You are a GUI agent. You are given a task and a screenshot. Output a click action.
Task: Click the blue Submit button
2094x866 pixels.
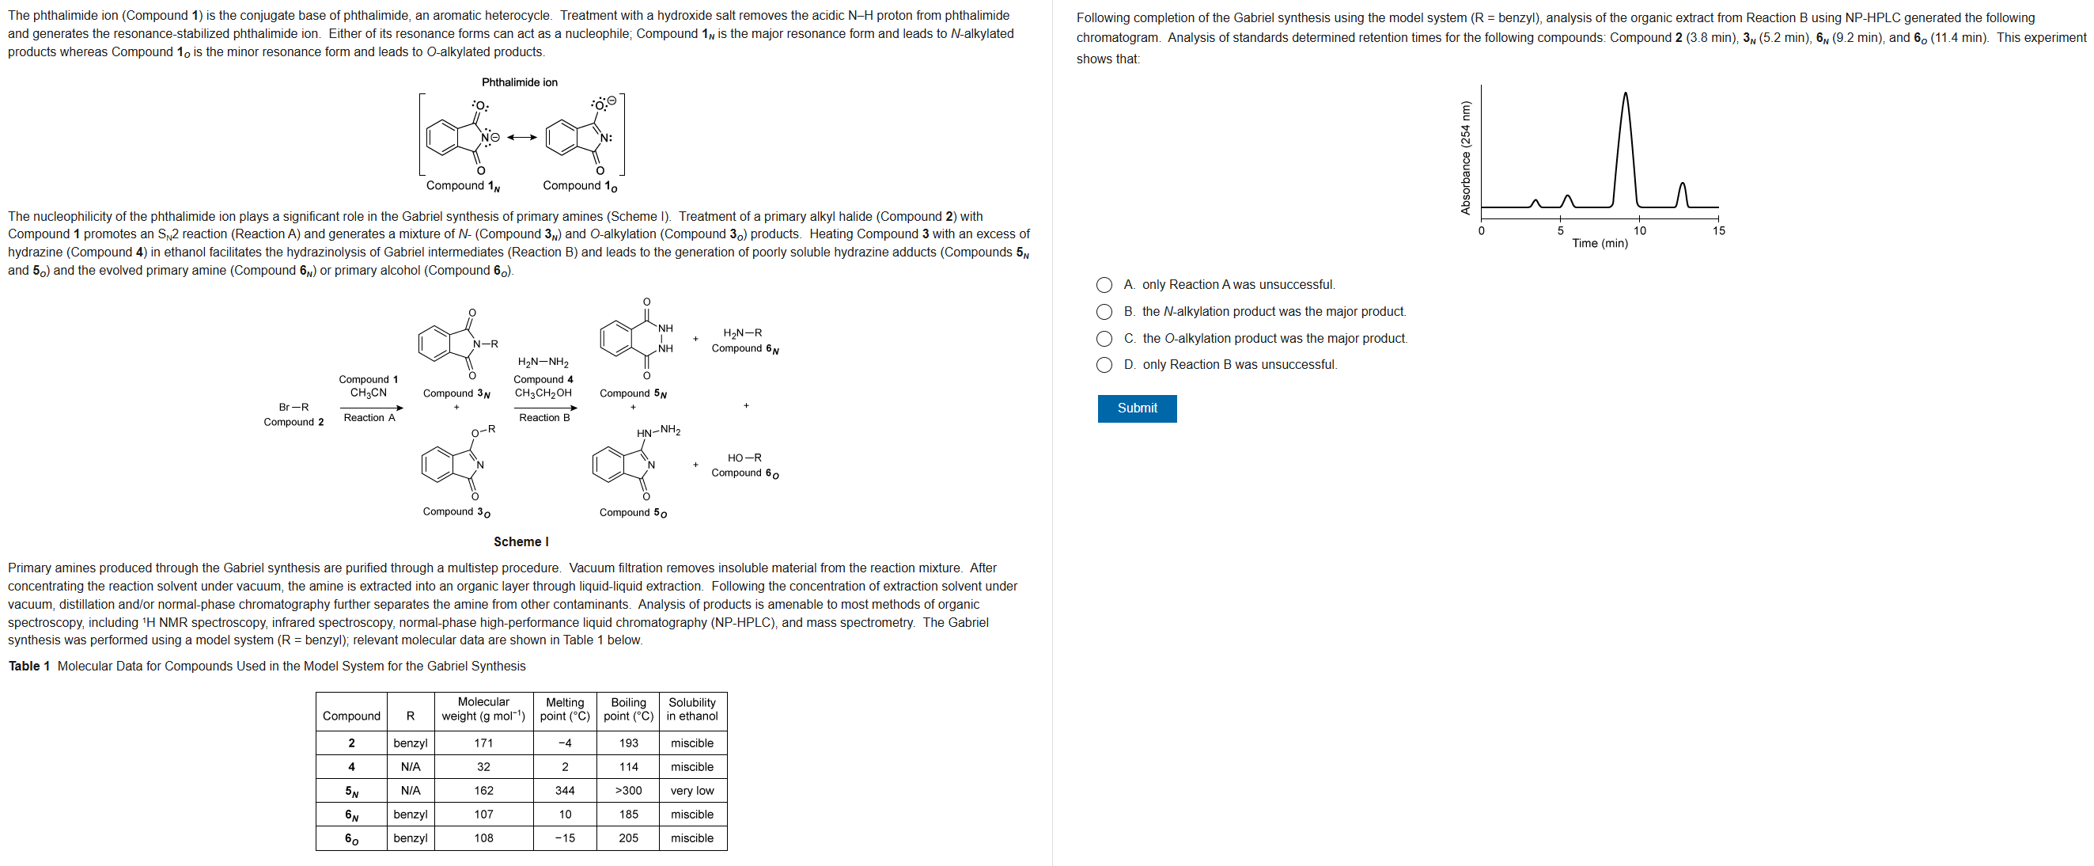pos(1137,408)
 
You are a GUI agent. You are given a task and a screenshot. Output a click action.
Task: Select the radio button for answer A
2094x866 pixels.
pos(1104,286)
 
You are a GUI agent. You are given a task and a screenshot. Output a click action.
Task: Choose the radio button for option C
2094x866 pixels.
pos(1104,339)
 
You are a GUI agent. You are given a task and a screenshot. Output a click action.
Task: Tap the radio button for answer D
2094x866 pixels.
pos(1104,365)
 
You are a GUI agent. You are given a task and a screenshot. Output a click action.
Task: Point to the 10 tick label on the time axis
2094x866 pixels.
pos(1640,231)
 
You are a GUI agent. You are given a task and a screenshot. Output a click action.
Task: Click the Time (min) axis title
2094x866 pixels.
pos(1599,243)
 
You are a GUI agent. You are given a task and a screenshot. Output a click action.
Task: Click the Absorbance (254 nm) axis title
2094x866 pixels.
pos(1465,157)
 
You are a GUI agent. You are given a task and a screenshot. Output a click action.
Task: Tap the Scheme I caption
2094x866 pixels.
pos(521,541)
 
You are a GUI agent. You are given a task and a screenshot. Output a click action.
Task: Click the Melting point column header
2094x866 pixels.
pos(564,709)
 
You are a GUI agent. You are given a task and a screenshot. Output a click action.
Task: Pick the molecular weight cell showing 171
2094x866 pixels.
pos(483,743)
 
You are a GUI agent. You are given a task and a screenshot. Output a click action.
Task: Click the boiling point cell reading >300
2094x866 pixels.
pos(627,790)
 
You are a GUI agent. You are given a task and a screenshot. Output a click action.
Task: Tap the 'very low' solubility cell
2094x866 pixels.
pos(691,790)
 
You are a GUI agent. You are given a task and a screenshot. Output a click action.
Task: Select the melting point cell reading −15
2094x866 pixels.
pos(564,838)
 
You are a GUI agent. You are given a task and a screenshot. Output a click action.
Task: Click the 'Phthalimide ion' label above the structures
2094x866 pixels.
pos(520,82)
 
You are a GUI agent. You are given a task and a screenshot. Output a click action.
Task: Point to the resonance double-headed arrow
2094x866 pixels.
pos(522,138)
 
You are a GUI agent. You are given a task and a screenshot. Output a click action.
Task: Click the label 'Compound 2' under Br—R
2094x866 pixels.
pos(293,422)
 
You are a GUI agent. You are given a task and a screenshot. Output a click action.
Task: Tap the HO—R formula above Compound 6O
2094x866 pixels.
pos(744,458)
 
